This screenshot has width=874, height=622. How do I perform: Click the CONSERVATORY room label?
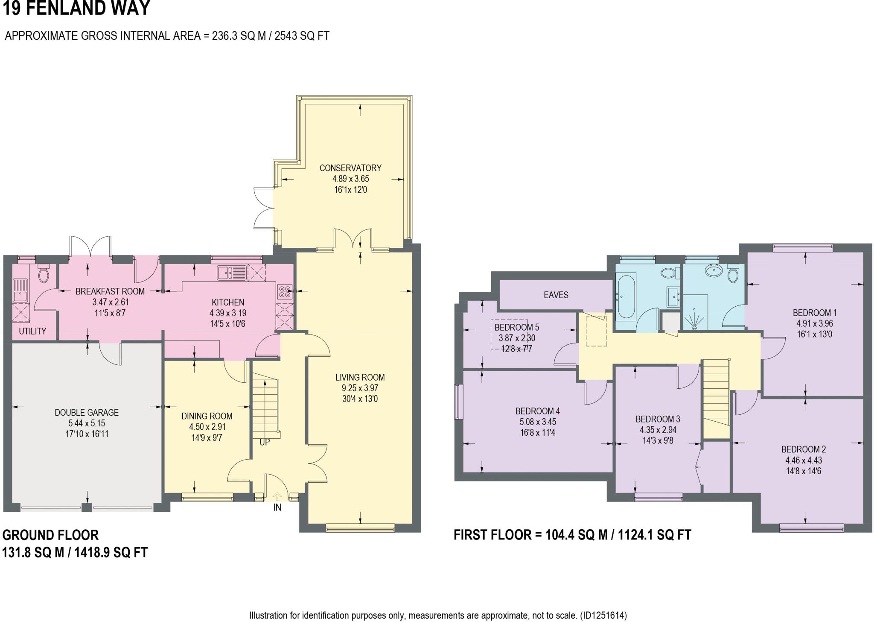(x=350, y=168)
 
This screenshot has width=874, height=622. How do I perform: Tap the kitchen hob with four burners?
(x=285, y=291)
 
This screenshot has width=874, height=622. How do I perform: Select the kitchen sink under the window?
(x=231, y=273)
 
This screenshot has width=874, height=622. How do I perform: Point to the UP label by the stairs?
(x=265, y=442)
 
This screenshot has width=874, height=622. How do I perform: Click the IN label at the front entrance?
(x=277, y=508)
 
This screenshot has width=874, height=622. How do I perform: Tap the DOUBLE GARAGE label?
(x=87, y=412)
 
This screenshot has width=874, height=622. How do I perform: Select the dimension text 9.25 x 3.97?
(x=360, y=388)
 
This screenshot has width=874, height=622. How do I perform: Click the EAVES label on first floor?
(x=556, y=295)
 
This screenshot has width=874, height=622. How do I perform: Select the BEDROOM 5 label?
(x=516, y=327)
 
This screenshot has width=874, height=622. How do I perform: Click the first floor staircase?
(x=716, y=397)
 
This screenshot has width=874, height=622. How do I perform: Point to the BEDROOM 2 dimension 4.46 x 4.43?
(x=803, y=460)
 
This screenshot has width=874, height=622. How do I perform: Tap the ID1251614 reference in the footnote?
(x=603, y=616)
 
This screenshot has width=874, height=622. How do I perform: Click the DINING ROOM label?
(x=207, y=416)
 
